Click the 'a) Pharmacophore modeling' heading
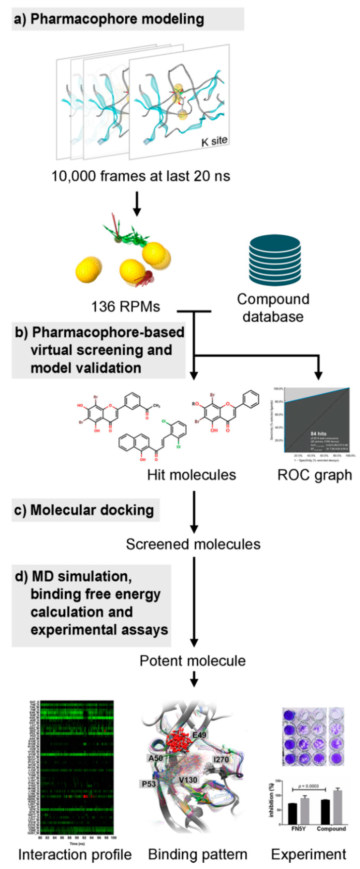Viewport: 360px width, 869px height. [x=109, y=19]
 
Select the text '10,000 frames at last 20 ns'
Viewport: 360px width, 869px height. [x=140, y=176]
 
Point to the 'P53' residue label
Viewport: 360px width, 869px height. [x=148, y=784]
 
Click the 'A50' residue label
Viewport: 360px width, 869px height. [x=156, y=758]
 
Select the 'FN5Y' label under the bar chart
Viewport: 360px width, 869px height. [x=298, y=829]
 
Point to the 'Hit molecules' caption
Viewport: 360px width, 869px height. [x=191, y=475]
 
